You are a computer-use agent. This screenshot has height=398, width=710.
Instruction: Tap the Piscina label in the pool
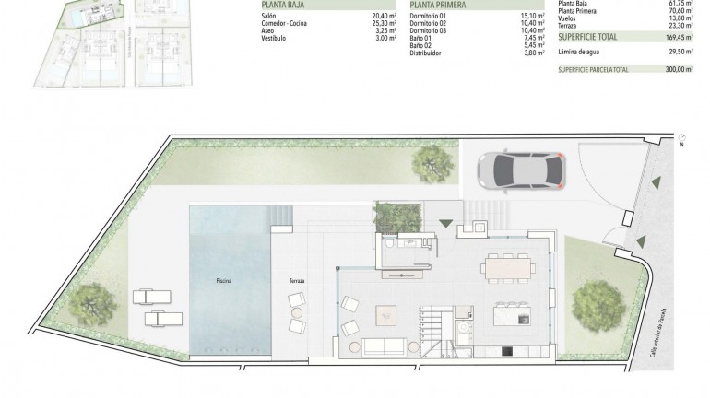(223, 279)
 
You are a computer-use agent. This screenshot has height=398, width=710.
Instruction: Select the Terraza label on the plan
(295, 280)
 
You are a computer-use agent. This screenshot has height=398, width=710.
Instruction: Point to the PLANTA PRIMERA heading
(439, 5)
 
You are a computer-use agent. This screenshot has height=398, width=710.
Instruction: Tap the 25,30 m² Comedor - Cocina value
(384, 22)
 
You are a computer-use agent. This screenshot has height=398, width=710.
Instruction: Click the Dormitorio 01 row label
(429, 16)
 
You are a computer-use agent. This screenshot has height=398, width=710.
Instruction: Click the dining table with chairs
(507, 268)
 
